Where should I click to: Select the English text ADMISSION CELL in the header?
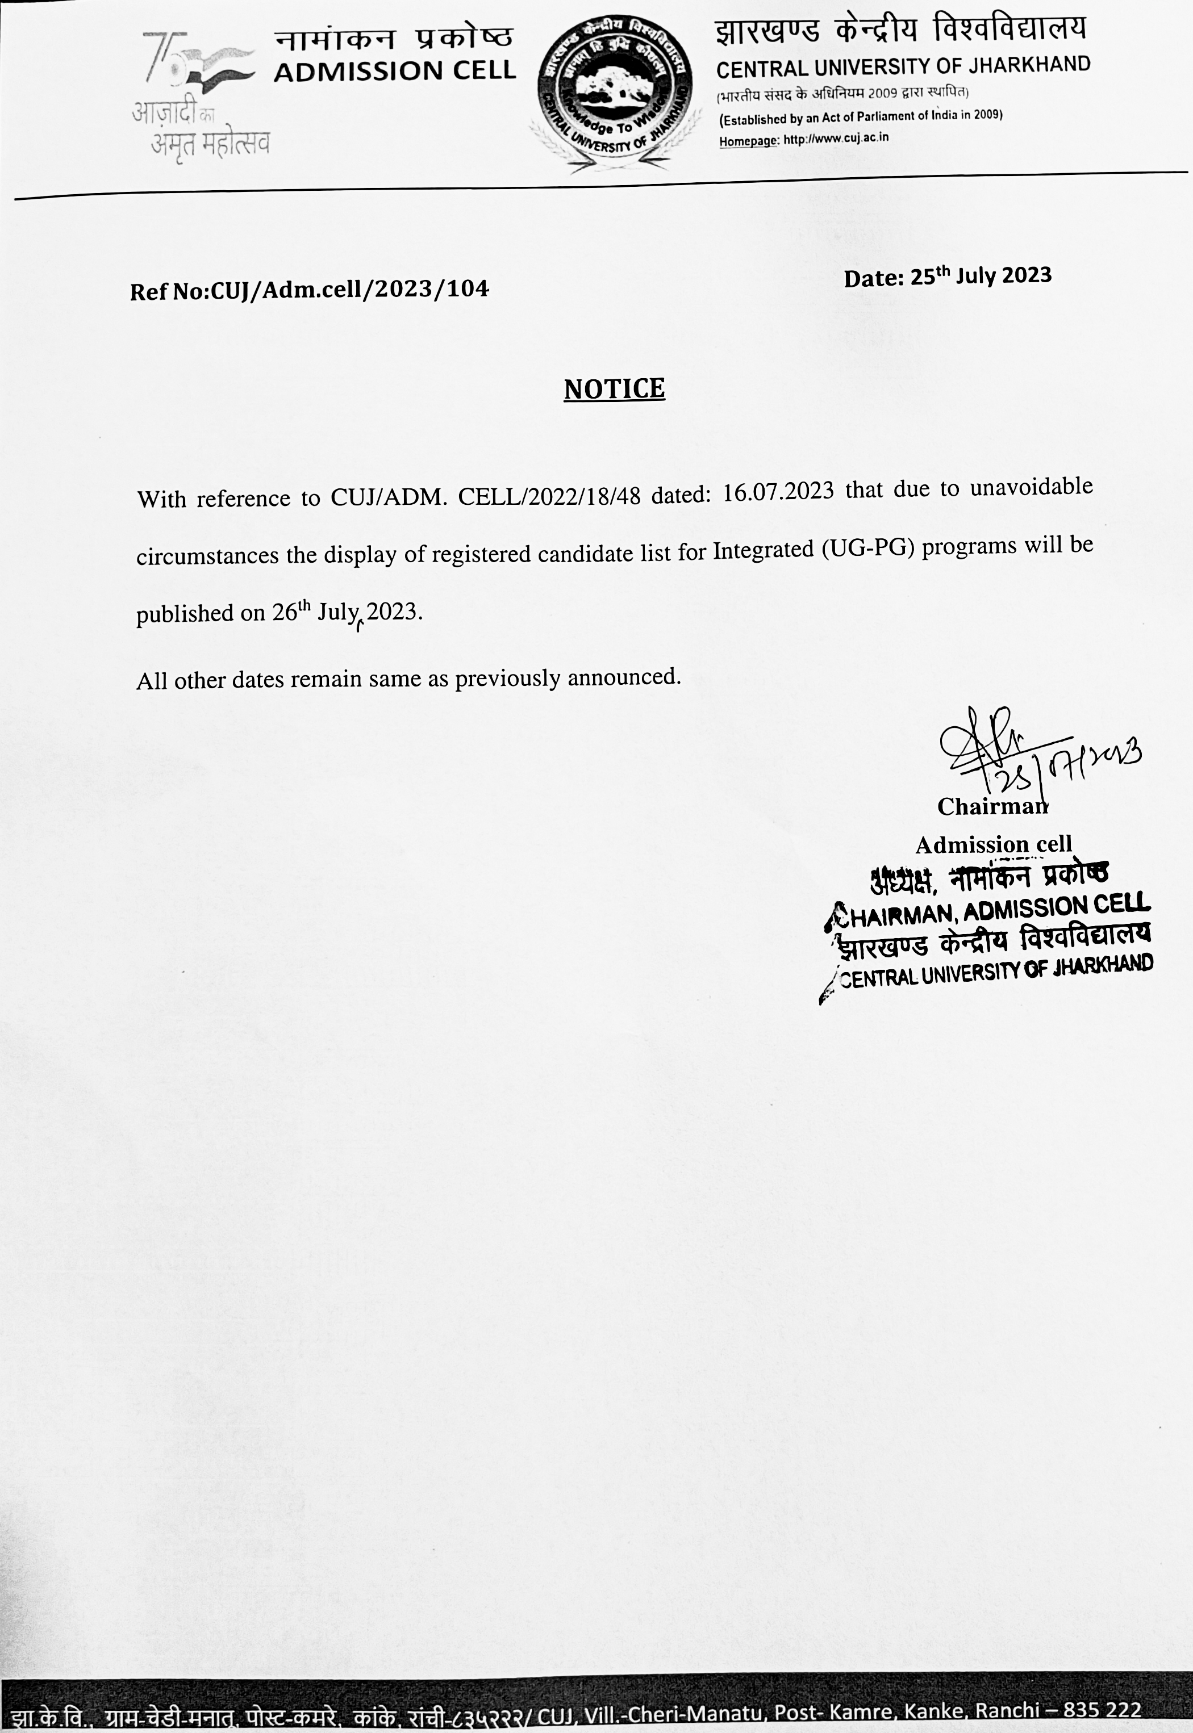(x=395, y=71)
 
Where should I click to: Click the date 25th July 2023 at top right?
(x=980, y=277)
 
